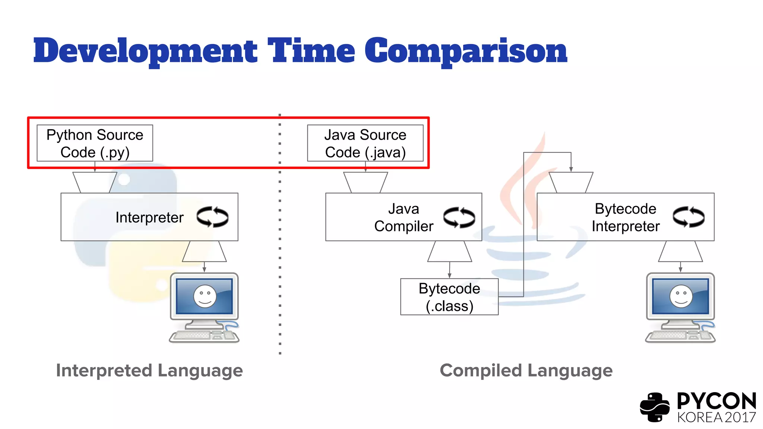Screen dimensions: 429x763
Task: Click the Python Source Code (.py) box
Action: (x=95, y=143)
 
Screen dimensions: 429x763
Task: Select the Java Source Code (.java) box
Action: (x=365, y=143)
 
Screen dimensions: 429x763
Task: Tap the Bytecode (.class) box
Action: (x=449, y=297)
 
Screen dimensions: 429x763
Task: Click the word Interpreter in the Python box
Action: (x=149, y=217)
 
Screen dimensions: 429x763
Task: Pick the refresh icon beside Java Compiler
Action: (x=459, y=217)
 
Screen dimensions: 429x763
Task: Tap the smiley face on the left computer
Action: (x=205, y=296)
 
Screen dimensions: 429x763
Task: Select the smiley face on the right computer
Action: (x=681, y=296)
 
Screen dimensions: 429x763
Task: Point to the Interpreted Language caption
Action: (x=149, y=371)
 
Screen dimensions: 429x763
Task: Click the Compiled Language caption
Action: (x=526, y=371)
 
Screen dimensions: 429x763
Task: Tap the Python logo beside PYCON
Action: (x=655, y=407)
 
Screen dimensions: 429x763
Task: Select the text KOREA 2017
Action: (x=716, y=417)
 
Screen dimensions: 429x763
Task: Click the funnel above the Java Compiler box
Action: (x=365, y=182)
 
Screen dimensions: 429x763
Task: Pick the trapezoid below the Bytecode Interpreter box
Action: (x=680, y=251)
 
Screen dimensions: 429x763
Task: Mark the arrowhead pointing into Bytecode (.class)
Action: (x=450, y=276)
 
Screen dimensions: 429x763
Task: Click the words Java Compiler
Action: (x=404, y=217)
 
